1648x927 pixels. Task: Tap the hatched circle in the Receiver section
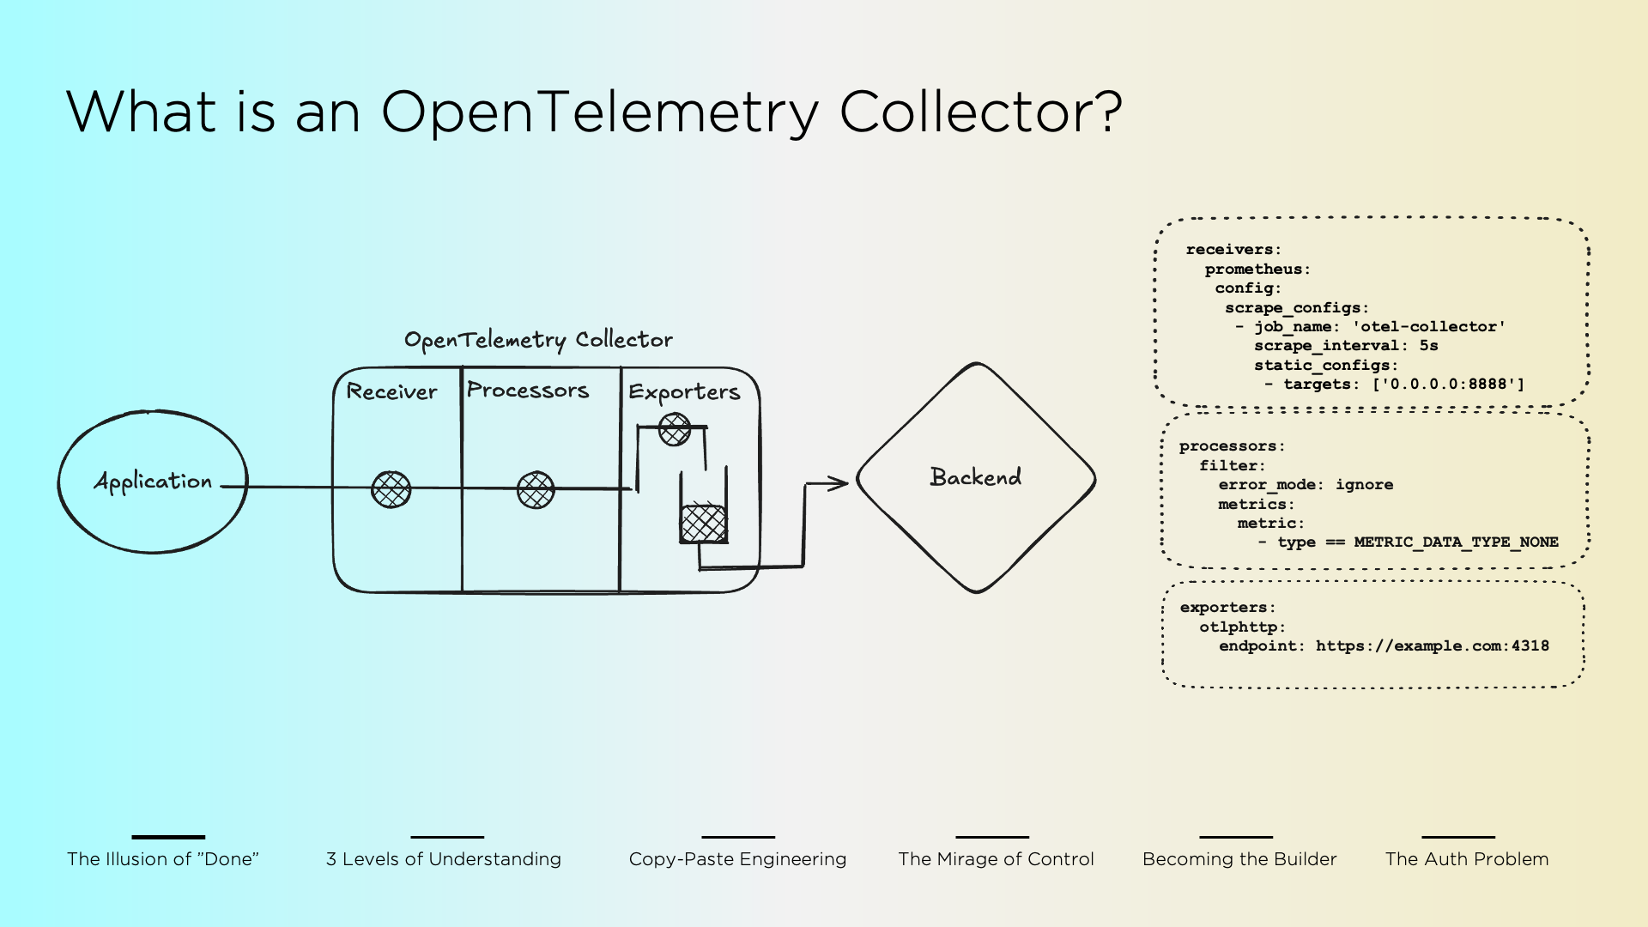[x=391, y=489]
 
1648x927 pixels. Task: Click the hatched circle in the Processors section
[x=536, y=490]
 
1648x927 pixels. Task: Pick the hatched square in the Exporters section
[x=704, y=524]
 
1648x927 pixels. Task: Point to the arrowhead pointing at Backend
[x=839, y=483]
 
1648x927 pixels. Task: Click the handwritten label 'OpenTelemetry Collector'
[x=538, y=340]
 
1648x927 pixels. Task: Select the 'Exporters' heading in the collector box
[x=684, y=392]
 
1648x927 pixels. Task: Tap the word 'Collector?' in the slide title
[x=980, y=112]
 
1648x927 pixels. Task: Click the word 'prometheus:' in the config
[x=1257, y=270]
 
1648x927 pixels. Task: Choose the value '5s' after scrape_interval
[x=1428, y=346]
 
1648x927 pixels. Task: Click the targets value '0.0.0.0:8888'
[x=1448, y=385]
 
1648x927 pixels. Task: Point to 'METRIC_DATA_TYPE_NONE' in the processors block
[x=1456, y=542]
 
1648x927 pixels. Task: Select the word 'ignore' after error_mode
[x=1364, y=485]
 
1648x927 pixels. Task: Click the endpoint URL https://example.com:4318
[x=1432, y=646]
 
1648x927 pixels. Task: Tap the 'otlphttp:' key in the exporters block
[x=1242, y=627]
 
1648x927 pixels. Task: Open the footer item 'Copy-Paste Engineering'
[x=737, y=859]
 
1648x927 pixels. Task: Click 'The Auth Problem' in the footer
[x=1467, y=859]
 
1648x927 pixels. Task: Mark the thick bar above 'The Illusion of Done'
[x=168, y=837]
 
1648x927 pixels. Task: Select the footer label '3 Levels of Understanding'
[x=444, y=859]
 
